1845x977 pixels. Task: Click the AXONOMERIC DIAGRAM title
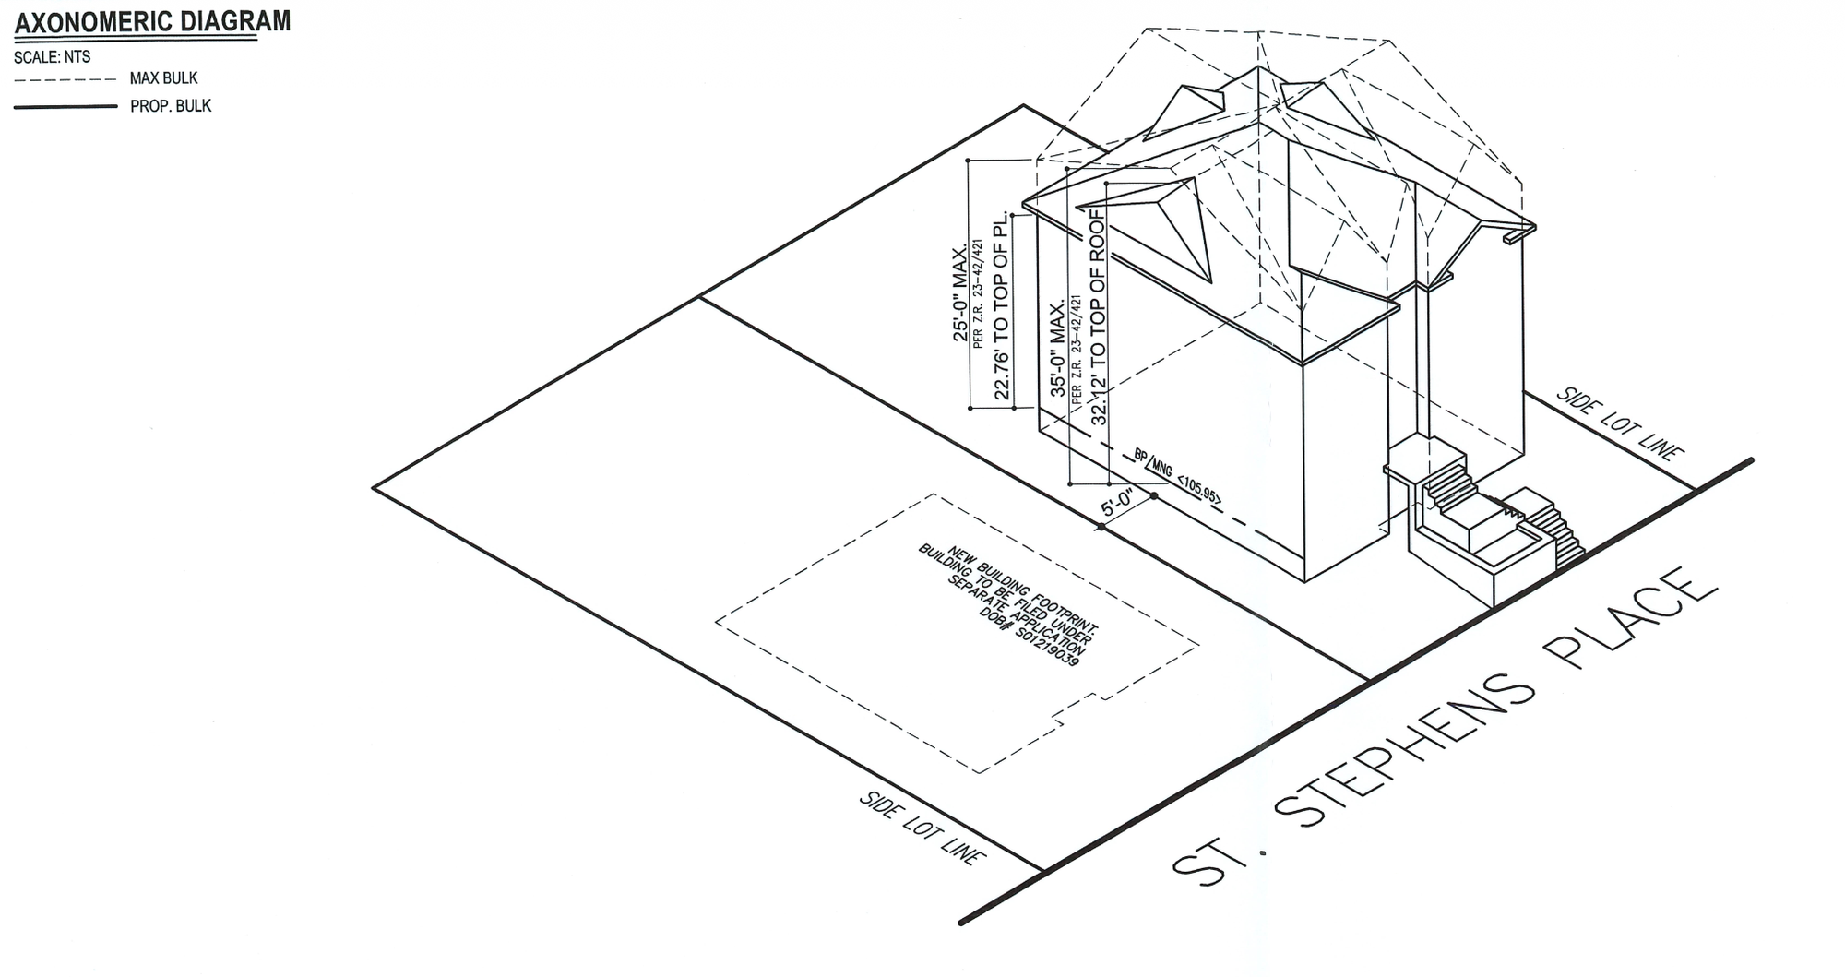(x=152, y=21)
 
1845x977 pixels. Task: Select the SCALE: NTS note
(x=53, y=57)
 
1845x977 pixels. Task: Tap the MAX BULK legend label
(x=163, y=79)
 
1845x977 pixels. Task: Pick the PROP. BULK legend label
(x=171, y=106)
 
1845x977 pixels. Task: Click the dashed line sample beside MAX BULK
(x=65, y=79)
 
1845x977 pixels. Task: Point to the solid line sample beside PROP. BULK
(x=65, y=107)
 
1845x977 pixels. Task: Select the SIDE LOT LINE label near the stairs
(x=1620, y=423)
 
